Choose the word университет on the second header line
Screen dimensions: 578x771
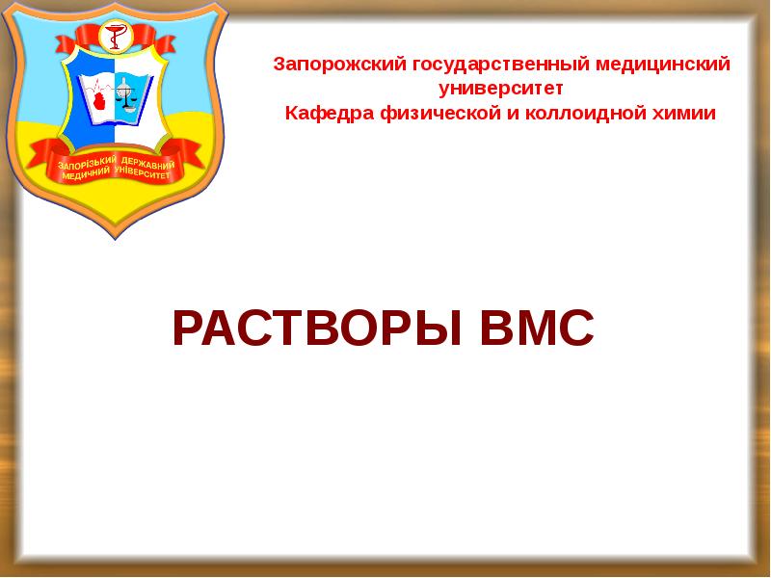pos(500,89)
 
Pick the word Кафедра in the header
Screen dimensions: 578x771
pos(321,113)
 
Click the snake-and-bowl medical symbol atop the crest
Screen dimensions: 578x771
pos(115,37)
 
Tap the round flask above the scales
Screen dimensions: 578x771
pos(129,77)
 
